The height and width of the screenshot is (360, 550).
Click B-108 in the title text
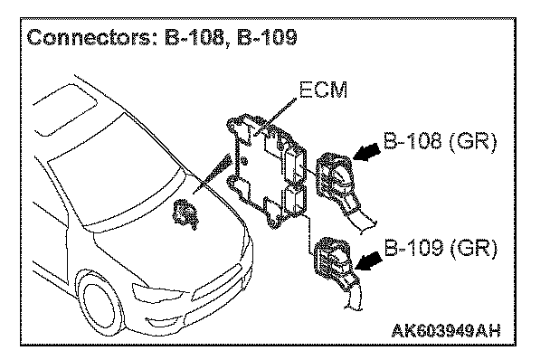[x=195, y=38]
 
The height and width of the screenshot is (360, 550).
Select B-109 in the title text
[x=267, y=38]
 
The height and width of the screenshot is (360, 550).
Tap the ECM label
[x=323, y=90]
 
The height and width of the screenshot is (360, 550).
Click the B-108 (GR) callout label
[x=440, y=142]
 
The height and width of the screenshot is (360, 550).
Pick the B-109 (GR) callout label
[x=441, y=249]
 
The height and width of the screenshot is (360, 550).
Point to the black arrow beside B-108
[x=367, y=153]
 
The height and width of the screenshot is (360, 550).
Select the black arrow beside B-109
[x=368, y=261]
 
